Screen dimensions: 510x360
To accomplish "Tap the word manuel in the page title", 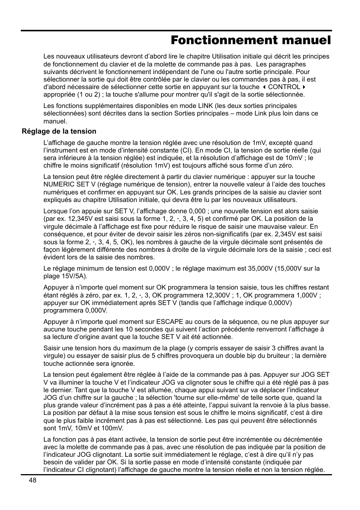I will point(305,40).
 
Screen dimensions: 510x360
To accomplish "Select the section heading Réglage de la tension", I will point(59,131).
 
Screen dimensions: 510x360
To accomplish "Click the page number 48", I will point(32,480).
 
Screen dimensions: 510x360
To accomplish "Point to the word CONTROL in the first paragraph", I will point(284,87).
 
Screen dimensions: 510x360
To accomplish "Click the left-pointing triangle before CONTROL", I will point(264,87).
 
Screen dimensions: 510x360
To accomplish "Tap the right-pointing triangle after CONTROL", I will point(304,87).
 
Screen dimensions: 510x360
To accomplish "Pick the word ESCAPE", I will point(169,322).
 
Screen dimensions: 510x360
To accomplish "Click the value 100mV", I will point(113,428).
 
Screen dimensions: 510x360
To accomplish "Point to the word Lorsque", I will point(55,211).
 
